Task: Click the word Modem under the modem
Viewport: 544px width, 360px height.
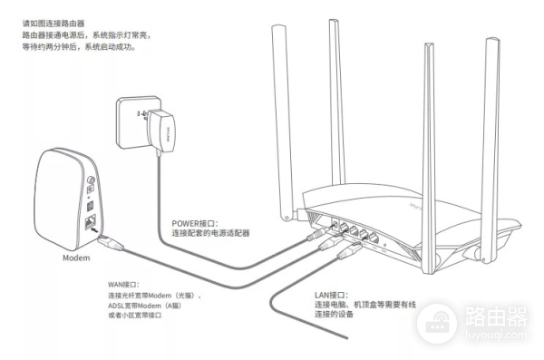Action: point(76,258)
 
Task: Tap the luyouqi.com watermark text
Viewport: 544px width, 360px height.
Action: point(489,336)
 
